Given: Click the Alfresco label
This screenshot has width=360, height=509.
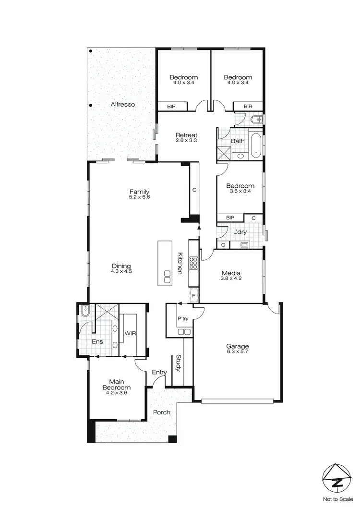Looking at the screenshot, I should coord(123,104).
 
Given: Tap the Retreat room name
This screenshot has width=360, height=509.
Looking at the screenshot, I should coord(187,135).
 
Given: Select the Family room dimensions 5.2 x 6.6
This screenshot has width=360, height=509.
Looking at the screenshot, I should coord(139,197).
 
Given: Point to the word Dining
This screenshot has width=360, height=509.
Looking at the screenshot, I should coord(121,267).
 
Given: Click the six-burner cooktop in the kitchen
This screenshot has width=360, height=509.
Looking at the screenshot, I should coord(193,263).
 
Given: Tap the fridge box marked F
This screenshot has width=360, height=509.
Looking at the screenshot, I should coord(194,295).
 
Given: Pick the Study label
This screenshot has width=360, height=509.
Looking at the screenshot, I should coord(178,363).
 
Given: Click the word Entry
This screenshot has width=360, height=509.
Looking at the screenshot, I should coord(159,372).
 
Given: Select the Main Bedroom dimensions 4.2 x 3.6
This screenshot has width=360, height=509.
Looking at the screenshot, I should coord(116,393).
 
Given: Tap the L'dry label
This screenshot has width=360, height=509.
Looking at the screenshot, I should coord(240,232).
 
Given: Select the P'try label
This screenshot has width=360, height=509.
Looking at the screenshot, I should coord(183,319).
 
